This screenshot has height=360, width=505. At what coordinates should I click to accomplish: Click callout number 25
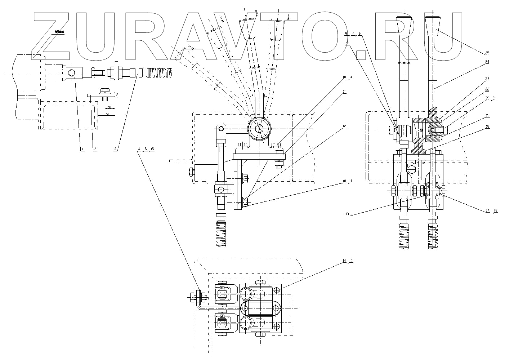point(487,53)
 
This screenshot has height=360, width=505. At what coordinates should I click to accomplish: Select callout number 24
point(487,62)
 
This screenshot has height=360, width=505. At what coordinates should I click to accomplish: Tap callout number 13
point(347,214)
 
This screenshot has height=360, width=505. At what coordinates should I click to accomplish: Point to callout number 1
point(82,148)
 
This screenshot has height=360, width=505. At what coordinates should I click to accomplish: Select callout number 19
point(487,115)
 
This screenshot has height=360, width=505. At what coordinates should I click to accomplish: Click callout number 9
point(347,43)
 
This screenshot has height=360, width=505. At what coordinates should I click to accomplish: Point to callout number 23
point(487,78)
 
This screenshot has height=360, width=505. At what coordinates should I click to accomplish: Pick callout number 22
point(487,89)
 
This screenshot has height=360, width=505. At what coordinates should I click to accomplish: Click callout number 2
point(95,148)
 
